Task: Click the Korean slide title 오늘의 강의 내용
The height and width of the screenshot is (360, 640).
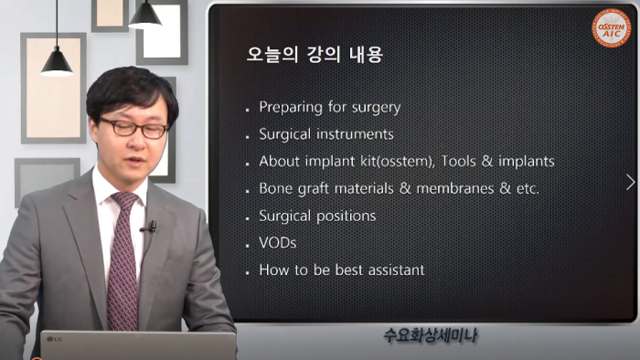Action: click(315, 55)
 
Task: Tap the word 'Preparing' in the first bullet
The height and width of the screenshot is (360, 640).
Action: click(288, 107)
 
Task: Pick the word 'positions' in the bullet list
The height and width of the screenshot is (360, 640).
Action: click(344, 217)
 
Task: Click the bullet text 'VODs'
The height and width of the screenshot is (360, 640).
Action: click(277, 244)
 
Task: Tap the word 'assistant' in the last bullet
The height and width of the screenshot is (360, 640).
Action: click(392, 270)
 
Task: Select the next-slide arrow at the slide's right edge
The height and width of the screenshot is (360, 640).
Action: click(630, 182)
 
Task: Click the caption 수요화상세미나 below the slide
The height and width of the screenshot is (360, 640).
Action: click(430, 336)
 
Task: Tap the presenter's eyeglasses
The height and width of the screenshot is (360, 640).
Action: click(134, 127)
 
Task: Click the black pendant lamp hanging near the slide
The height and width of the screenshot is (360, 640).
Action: click(144, 16)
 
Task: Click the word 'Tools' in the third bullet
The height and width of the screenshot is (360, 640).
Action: click(460, 162)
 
